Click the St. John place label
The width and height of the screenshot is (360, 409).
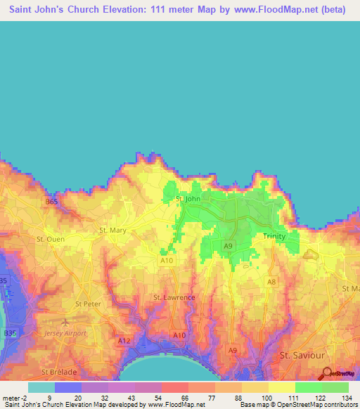click(x=188, y=199)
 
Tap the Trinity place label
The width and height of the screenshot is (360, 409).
click(x=274, y=236)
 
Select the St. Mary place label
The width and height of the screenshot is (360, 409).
click(x=112, y=230)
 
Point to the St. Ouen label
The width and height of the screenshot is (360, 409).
click(x=50, y=239)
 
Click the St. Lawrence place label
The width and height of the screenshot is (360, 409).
click(x=174, y=297)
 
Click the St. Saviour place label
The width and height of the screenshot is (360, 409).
click(x=300, y=355)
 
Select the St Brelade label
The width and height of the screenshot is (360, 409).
click(x=58, y=372)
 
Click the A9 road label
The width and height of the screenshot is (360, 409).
click(x=228, y=245)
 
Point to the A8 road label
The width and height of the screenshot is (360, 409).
click(x=271, y=282)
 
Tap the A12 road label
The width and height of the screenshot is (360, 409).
click(x=124, y=341)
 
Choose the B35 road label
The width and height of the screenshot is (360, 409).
click(x=5, y=281)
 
